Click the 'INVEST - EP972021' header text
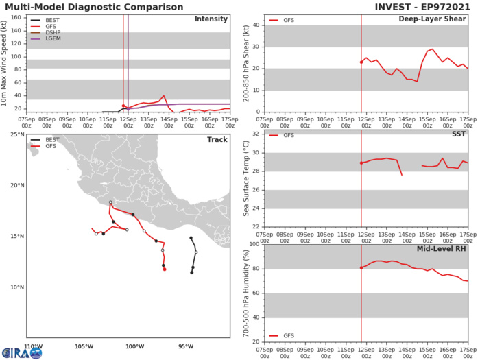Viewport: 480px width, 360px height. pyautogui.click(x=422, y=7)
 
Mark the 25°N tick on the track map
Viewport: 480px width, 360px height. pyautogui.click(x=16, y=134)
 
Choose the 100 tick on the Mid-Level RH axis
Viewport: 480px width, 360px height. pyautogui.click(x=254, y=244)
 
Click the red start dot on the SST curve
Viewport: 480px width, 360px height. pyautogui.click(x=361, y=163)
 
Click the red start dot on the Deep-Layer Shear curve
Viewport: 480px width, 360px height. pyautogui.click(x=361, y=62)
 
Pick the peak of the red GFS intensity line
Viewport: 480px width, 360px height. pyautogui.click(x=164, y=96)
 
